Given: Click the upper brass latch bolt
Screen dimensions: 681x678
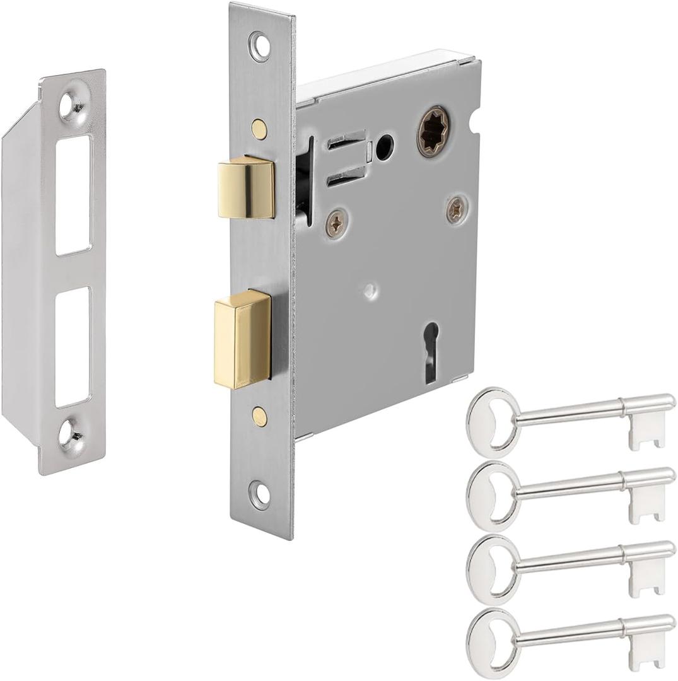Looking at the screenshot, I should tap(245, 187).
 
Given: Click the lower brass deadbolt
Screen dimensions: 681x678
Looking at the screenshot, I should tap(242, 339).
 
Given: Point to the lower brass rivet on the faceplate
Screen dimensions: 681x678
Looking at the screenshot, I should tap(258, 415).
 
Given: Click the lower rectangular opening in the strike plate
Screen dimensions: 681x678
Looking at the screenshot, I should tap(73, 347).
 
